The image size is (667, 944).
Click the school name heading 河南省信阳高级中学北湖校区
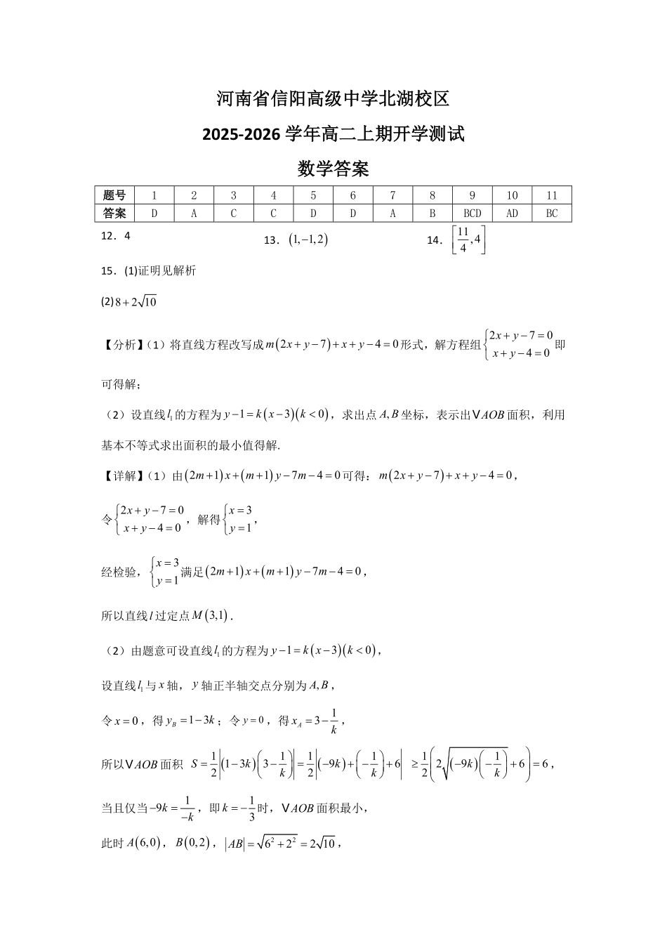(x=333, y=99)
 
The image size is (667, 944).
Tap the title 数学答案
(x=333, y=169)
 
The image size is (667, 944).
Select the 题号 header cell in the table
(x=114, y=195)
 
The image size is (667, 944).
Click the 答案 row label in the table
(x=114, y=213)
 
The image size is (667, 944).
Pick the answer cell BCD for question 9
(x=473, y=213)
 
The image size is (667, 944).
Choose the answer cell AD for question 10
(x=512, y=213)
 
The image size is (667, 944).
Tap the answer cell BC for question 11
(x=552, y=213)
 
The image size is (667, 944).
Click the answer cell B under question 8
(x=432, y=213)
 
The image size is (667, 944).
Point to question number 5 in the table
(x=313, y=195)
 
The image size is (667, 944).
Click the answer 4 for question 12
(x=127, y=237)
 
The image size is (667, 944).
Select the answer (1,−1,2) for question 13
(x=308, y=240)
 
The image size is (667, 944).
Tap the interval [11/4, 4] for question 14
(x=468, y=240)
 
